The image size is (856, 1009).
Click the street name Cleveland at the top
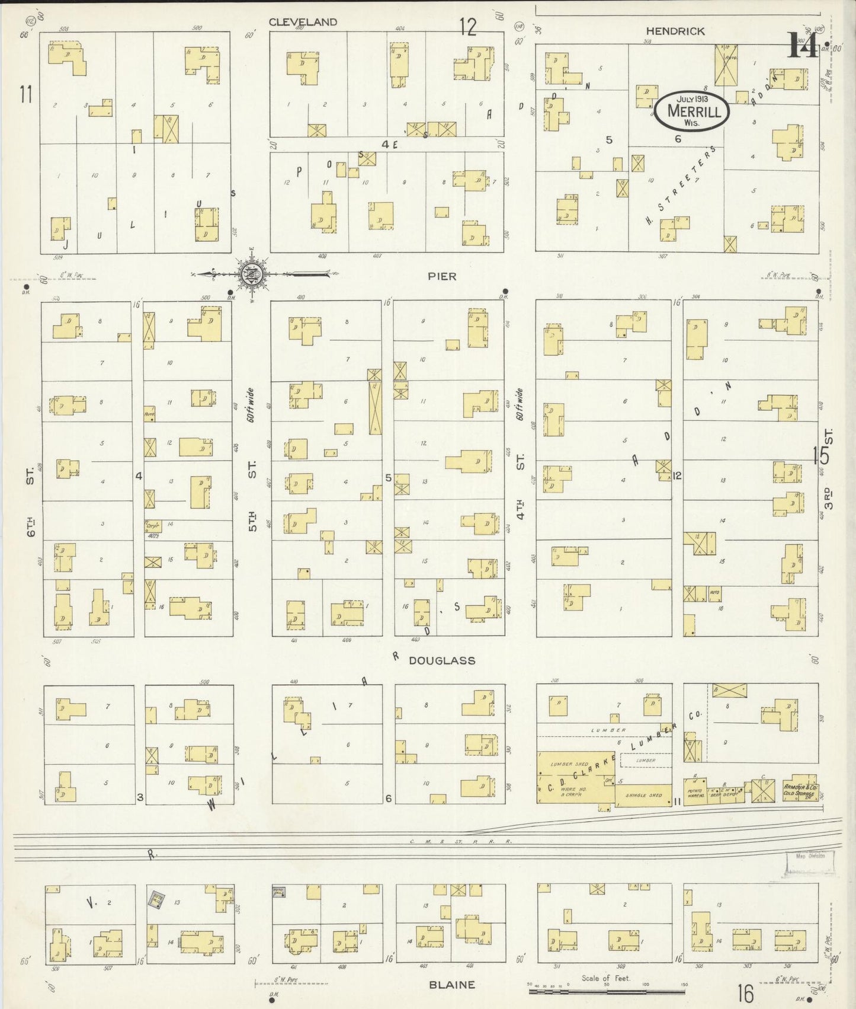pos(303,22)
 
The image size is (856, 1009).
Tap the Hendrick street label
pos(675,31)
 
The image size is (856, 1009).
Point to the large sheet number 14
pos(801,45)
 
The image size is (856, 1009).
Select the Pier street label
pos(443,276)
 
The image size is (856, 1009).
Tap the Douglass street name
pos(442,660)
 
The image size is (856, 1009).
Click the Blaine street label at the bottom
pos(452,985)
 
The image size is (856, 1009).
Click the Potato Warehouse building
pos(694,794)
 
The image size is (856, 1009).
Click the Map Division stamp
pos(810,855)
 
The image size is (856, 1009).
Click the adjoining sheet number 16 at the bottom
pos(745,993)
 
